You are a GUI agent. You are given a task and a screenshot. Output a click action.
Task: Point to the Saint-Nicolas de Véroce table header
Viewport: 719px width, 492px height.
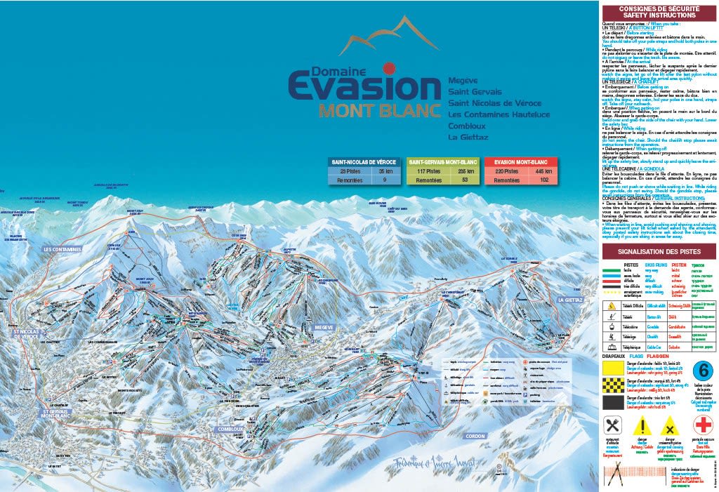point(364,161)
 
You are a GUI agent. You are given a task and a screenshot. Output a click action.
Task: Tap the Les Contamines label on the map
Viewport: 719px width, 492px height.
point(62,248)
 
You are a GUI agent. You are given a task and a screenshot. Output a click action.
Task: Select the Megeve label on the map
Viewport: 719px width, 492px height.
point(324,327)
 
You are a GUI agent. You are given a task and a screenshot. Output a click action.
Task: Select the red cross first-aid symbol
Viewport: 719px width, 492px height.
point(703,425)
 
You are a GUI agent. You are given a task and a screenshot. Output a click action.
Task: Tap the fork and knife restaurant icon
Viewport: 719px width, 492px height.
point(612,425)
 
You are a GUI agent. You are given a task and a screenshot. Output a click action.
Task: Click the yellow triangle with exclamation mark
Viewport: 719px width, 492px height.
point(642,425)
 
